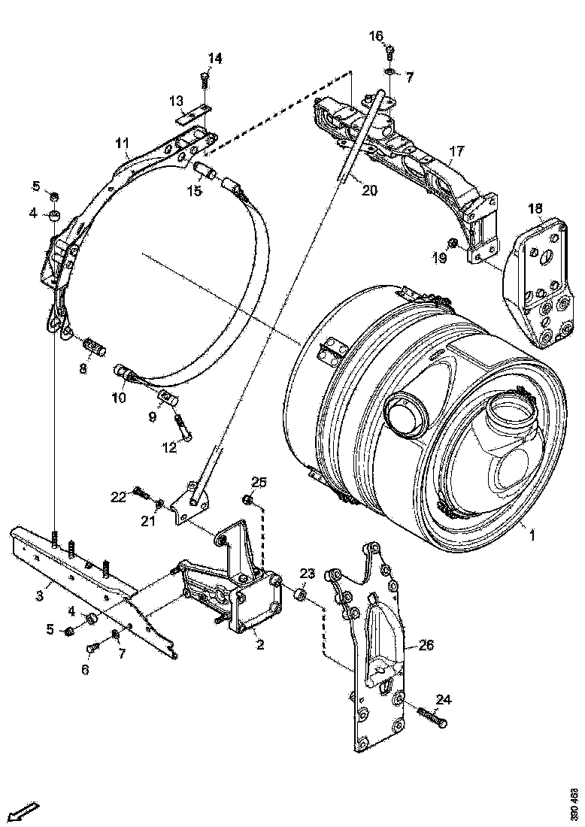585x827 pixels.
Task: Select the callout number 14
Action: [x=215, y=58]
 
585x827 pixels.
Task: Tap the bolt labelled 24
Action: [x=431, y=715]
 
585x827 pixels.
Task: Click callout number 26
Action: [x=426, y=644]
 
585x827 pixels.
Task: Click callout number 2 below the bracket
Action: [x=259, y=644]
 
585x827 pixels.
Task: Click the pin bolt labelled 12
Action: [x=183, y=427]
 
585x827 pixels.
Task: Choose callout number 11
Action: [x=123, y=142]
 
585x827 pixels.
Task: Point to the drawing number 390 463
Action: [x=574, y=803]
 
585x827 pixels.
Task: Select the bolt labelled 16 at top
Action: [x=389, y=52]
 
